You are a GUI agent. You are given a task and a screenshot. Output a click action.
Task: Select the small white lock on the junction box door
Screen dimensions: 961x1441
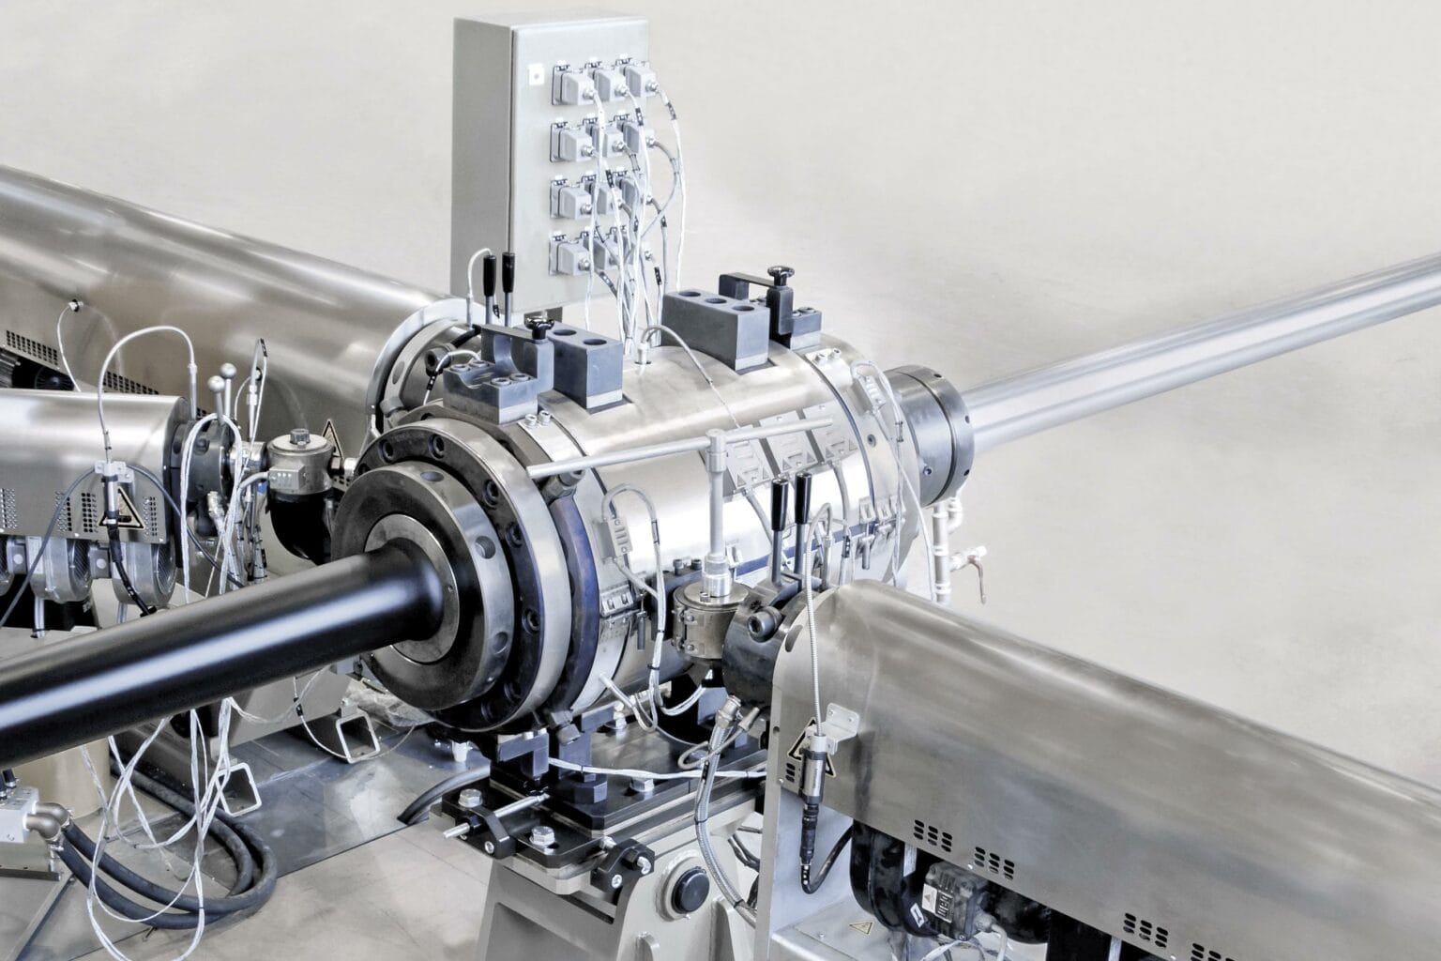click(x=534, y=71)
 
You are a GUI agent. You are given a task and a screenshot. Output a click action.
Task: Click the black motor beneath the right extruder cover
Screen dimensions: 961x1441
click(x=948, y=892)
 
